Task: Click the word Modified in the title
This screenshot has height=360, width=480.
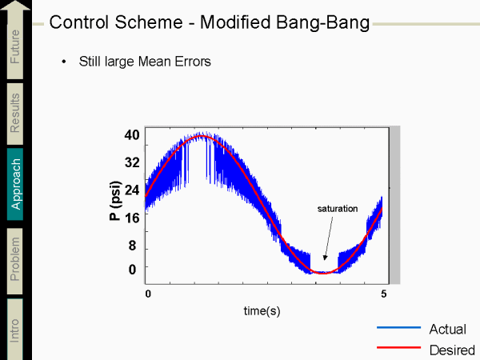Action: pos(248,22)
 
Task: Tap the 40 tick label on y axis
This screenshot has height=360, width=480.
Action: pos(132,135)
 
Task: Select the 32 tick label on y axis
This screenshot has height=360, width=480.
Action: pos(132,162)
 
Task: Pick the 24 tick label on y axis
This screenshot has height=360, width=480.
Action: pos(132,190)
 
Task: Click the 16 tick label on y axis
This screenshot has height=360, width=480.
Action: pos(132,217)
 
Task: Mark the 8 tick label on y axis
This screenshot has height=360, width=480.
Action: pos(133,246)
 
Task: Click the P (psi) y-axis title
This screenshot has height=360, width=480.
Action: pos(115,202)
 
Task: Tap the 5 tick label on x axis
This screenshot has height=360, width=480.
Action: pos(384,294)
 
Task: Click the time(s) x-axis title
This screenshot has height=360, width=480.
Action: pos(262,310)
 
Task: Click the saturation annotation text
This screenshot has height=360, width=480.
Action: pos(337,209)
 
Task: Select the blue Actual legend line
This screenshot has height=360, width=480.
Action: pos(398,329)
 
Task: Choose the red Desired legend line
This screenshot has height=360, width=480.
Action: pos(398,349)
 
